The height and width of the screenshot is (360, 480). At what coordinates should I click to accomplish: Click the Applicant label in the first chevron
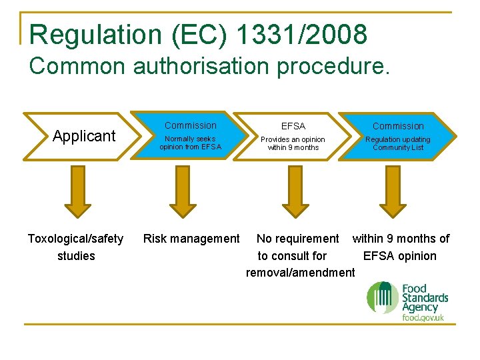pos(84,136)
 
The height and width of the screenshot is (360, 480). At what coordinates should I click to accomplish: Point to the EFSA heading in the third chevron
pos(293,126)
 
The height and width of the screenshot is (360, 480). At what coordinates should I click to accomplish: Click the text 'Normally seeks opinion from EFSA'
pos(190,143)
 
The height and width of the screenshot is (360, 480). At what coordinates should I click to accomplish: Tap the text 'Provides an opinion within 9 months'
pos(293,143)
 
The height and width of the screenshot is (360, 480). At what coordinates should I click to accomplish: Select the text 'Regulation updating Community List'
pos(398,143)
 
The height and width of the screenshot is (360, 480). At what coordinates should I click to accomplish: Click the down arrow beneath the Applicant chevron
pos(78,191)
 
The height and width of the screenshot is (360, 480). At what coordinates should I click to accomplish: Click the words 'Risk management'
pos(192,239)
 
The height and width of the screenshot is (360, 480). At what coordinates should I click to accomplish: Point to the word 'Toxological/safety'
pos(75,239)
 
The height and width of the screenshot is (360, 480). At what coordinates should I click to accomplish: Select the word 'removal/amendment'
pos(301,272)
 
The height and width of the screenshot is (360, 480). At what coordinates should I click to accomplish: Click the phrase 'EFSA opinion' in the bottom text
pos(400,255)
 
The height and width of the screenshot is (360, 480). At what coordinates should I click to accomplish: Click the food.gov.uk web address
pos(423,318)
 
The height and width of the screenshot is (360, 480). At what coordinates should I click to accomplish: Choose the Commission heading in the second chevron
pos(191,125)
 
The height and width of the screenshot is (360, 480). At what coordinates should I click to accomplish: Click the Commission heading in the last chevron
pos(398,126)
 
